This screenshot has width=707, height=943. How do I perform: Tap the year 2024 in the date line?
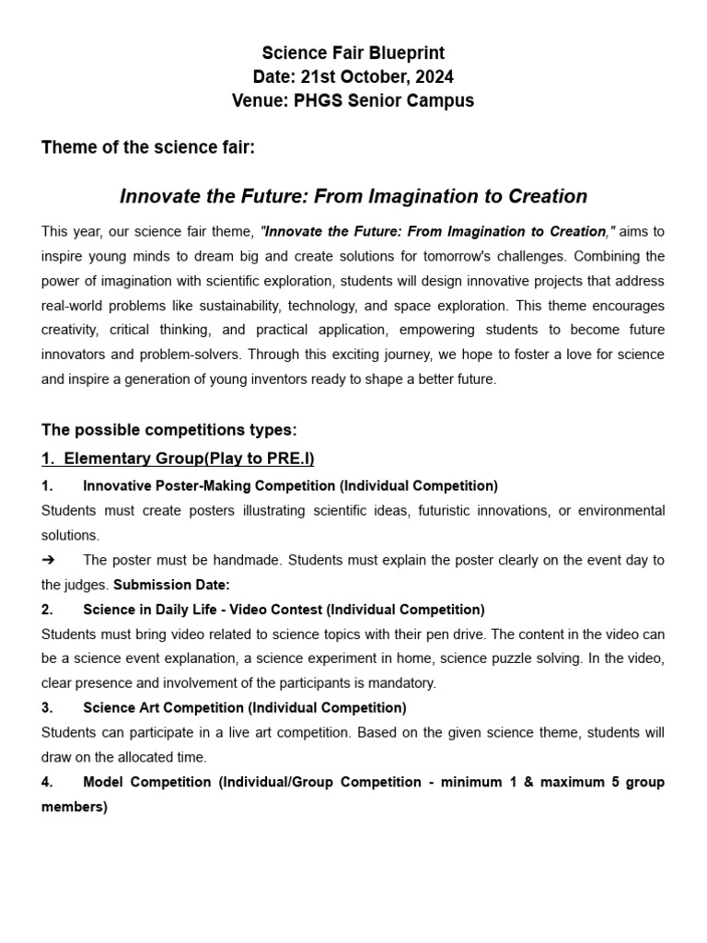tap(434, 77)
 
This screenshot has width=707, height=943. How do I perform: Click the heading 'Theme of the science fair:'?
tap(147, 149)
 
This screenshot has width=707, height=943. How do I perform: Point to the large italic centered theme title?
tap(353, 196)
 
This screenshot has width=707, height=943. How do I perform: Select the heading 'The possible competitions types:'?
tap(169, 429)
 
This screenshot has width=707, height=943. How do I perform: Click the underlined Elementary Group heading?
tap(178, 459)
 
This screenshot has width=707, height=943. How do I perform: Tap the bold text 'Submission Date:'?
tap(171, 585)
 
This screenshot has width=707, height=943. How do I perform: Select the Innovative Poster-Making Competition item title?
tap(290, 485)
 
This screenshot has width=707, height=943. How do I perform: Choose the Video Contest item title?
tap(284, 610)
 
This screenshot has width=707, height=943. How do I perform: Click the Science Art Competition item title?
tap(244, 708)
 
